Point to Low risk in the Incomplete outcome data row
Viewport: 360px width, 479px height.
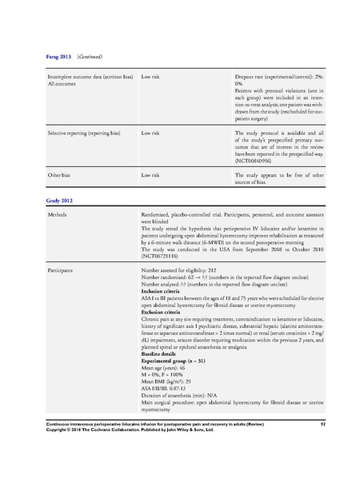tap(154, 76)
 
